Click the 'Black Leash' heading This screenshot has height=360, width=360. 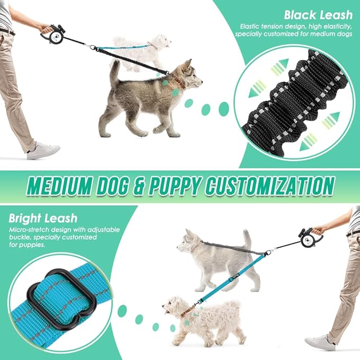pos(317,14)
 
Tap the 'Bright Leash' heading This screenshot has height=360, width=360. pos(42,218)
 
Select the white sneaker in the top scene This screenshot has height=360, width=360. pos(43,151)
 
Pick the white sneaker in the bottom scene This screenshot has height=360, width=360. pos(320,343)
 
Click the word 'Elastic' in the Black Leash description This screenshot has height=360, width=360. pos(250,25)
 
